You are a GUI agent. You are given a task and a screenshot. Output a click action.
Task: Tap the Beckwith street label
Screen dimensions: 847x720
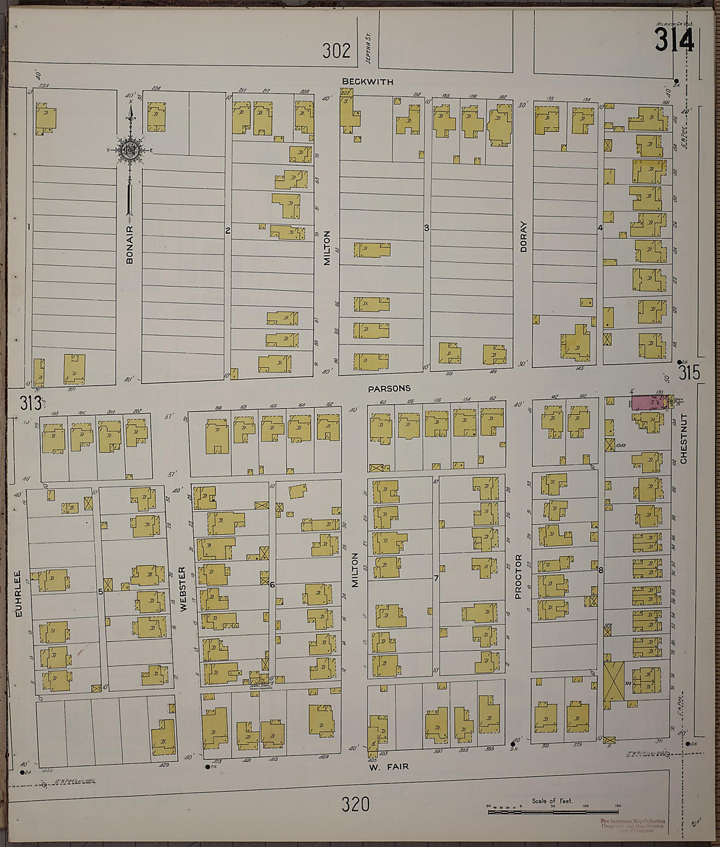367,82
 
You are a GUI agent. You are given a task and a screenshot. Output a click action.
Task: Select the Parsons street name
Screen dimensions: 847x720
389,388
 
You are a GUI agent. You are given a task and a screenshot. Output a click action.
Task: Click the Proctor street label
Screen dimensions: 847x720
518,577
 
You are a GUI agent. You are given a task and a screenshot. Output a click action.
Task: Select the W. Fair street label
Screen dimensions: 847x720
389,766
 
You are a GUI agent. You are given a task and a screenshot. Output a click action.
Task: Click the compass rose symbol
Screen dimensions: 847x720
130,151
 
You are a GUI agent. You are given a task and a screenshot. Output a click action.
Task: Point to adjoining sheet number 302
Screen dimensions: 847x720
336,50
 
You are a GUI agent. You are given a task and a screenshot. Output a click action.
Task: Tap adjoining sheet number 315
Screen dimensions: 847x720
689,373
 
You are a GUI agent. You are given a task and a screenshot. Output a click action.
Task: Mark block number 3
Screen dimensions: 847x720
426,228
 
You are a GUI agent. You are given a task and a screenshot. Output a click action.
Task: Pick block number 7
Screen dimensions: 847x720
435,578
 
